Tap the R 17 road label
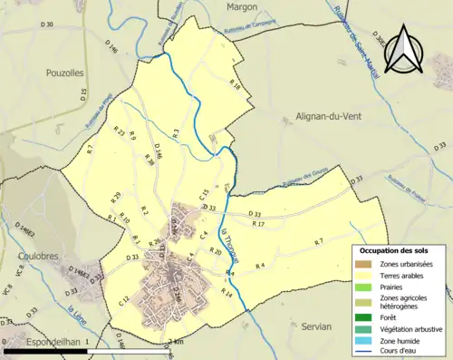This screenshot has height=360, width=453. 257,223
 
